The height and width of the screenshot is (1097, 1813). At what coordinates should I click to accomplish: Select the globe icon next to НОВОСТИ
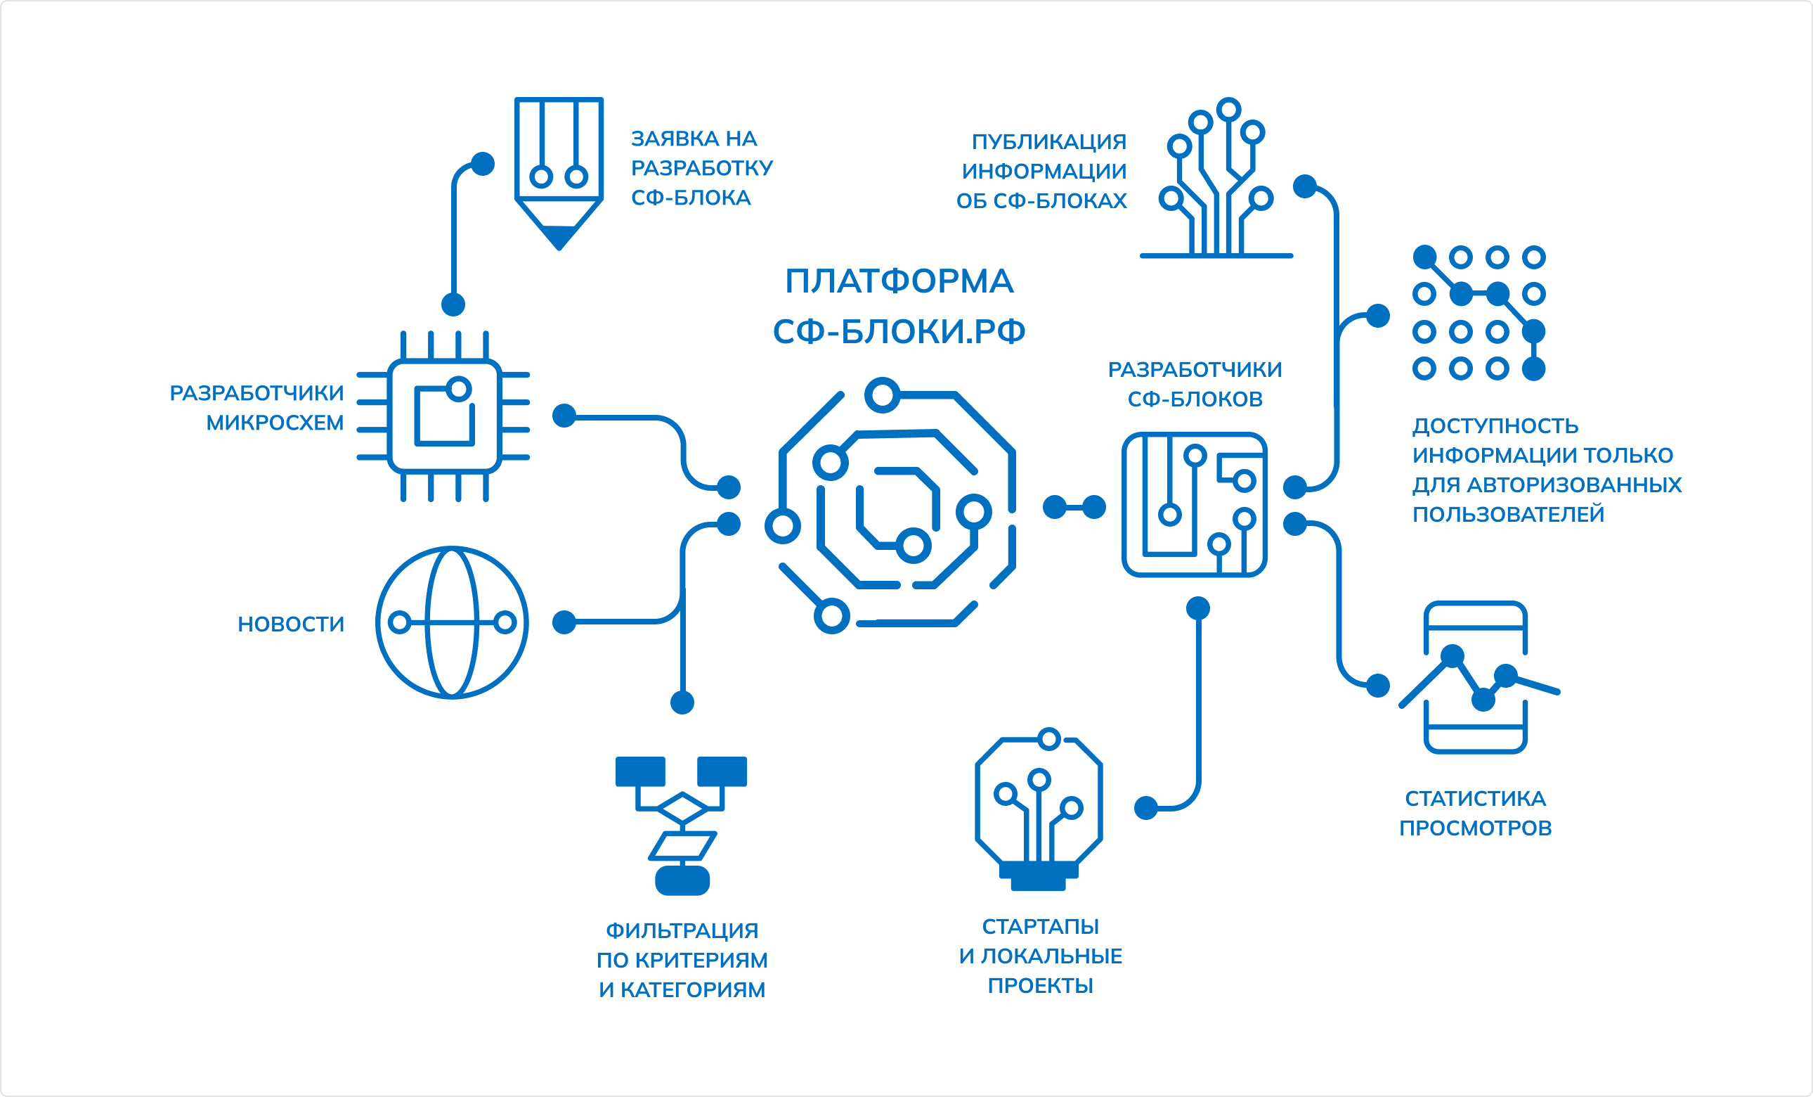click(452, 622)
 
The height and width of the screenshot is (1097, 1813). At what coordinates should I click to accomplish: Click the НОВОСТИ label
click(291, 624)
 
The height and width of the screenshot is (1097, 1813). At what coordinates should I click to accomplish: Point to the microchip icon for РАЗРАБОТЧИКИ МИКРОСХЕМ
click(443, 416)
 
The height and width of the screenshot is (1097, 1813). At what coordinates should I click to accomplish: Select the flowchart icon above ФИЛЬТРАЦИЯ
click(682, 826)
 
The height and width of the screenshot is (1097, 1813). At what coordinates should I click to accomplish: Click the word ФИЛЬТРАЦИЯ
click(682, 930)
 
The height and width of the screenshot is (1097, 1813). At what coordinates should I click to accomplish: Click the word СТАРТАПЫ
click(1040, 926)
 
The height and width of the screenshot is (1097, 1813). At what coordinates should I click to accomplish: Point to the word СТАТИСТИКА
click(1475, 798)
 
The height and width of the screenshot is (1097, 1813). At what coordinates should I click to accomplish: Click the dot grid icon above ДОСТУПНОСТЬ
click(1479, 313)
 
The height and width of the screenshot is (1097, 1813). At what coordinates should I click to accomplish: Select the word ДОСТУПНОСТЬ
click(1495, 425)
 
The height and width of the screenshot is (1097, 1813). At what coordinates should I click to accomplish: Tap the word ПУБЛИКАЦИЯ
click(1048, 141)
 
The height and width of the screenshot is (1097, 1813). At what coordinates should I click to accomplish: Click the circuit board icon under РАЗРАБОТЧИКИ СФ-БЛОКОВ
click(1194, 505)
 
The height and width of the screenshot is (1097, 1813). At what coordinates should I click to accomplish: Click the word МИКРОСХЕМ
click(275, 423)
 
